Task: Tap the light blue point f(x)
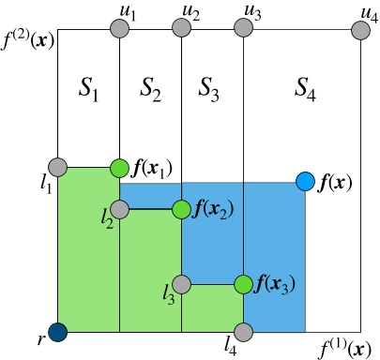coord(305,181)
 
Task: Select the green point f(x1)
coord(119,168)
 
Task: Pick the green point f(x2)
coord(181,209)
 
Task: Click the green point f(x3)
coord(243,283)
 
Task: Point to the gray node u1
coord(119,29)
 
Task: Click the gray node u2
coord(181,29)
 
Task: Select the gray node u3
coord(243,29)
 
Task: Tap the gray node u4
coord(360,29)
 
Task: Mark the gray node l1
coord(58,168)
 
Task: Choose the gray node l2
coord(119,208)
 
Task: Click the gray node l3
coord(181,283)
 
